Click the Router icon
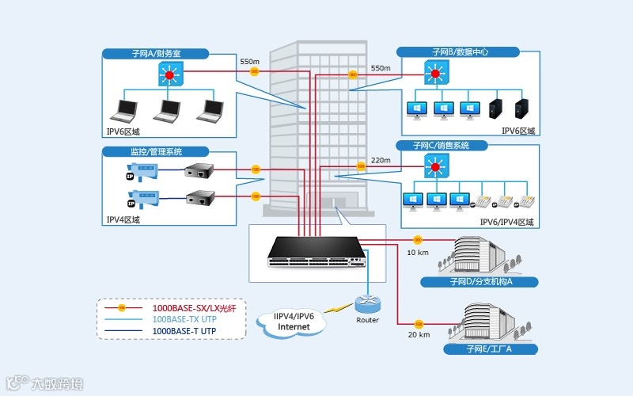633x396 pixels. (367, 303)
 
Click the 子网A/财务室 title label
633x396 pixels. (156, 54)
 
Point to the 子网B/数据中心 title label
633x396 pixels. (459, 52)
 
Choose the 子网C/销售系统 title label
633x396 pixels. (441, 146)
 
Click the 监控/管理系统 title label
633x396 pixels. (156, 151)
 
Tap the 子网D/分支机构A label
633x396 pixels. (481, 281)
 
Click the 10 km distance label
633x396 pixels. (418, 253)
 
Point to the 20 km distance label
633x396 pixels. (418, 335)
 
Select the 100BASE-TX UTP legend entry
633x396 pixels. (184, 319)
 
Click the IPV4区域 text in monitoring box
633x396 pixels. (123, 220)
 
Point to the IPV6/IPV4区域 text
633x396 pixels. (506, 223)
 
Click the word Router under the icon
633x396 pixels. (367, 320)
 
